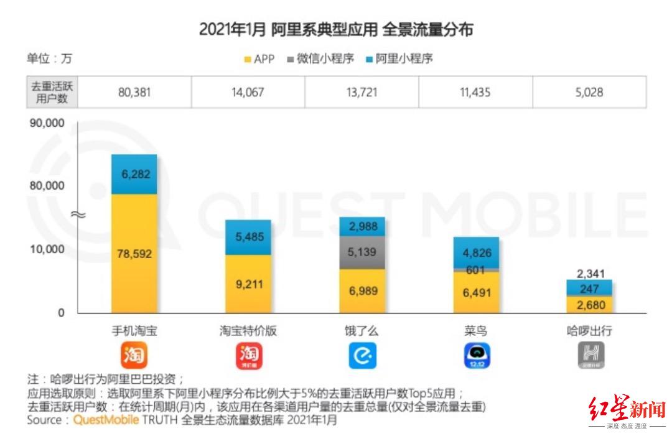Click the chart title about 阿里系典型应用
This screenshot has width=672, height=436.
coord(336,30)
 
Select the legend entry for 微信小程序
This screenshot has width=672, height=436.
coord(321,59)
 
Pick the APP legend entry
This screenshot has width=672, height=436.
coord(259,59)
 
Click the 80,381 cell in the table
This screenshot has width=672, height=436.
coord(134,93)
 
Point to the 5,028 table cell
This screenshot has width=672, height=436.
coord(589,93)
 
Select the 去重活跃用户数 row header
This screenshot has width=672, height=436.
coord(52,93)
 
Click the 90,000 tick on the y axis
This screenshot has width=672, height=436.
coord(48,123)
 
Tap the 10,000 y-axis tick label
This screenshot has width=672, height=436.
coord(48,249)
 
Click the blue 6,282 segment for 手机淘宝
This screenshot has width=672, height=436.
coord(134,175)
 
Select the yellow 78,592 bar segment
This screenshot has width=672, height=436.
coord(134,254)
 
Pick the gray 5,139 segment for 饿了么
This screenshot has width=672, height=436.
coord(362,253)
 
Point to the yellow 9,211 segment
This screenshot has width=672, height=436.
coord(248,284)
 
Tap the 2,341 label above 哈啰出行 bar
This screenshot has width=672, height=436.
coord(589,274)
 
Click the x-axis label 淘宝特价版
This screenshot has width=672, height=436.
coord(248,331)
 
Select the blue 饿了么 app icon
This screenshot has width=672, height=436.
coord(362,356)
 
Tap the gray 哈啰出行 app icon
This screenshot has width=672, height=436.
coord(589,356)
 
